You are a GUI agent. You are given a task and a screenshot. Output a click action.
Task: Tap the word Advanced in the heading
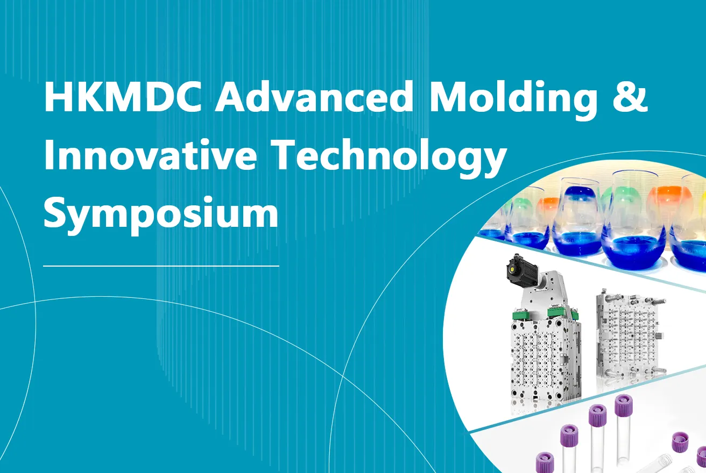point(314,96)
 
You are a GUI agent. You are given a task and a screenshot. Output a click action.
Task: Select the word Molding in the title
point(513,100)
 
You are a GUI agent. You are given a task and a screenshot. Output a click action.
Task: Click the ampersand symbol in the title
point(630,96)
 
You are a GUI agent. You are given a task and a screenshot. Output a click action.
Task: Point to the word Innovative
point(150,155)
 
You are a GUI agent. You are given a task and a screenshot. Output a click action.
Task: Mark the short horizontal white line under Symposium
point(161,266)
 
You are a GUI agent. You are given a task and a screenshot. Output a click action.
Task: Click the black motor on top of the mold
point(521,270)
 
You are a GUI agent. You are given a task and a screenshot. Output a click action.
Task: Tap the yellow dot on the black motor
point(512,270)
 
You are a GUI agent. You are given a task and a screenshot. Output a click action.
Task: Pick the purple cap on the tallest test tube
point(624,405)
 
